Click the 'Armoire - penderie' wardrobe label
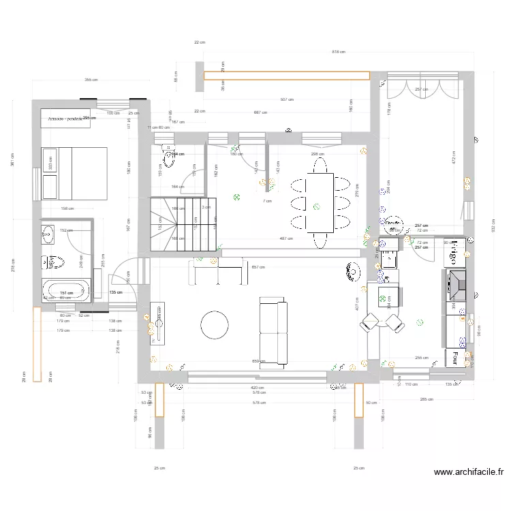(x=65, y=119)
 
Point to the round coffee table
(x=215, y=326)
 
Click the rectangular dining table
(x=320, y=202)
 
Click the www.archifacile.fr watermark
(x=468, y=471)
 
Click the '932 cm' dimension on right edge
(x=495, y=228)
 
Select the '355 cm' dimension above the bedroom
(x=90, y=80)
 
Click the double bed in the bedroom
(x=74, y=173)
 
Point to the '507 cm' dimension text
(x=287, y=99)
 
